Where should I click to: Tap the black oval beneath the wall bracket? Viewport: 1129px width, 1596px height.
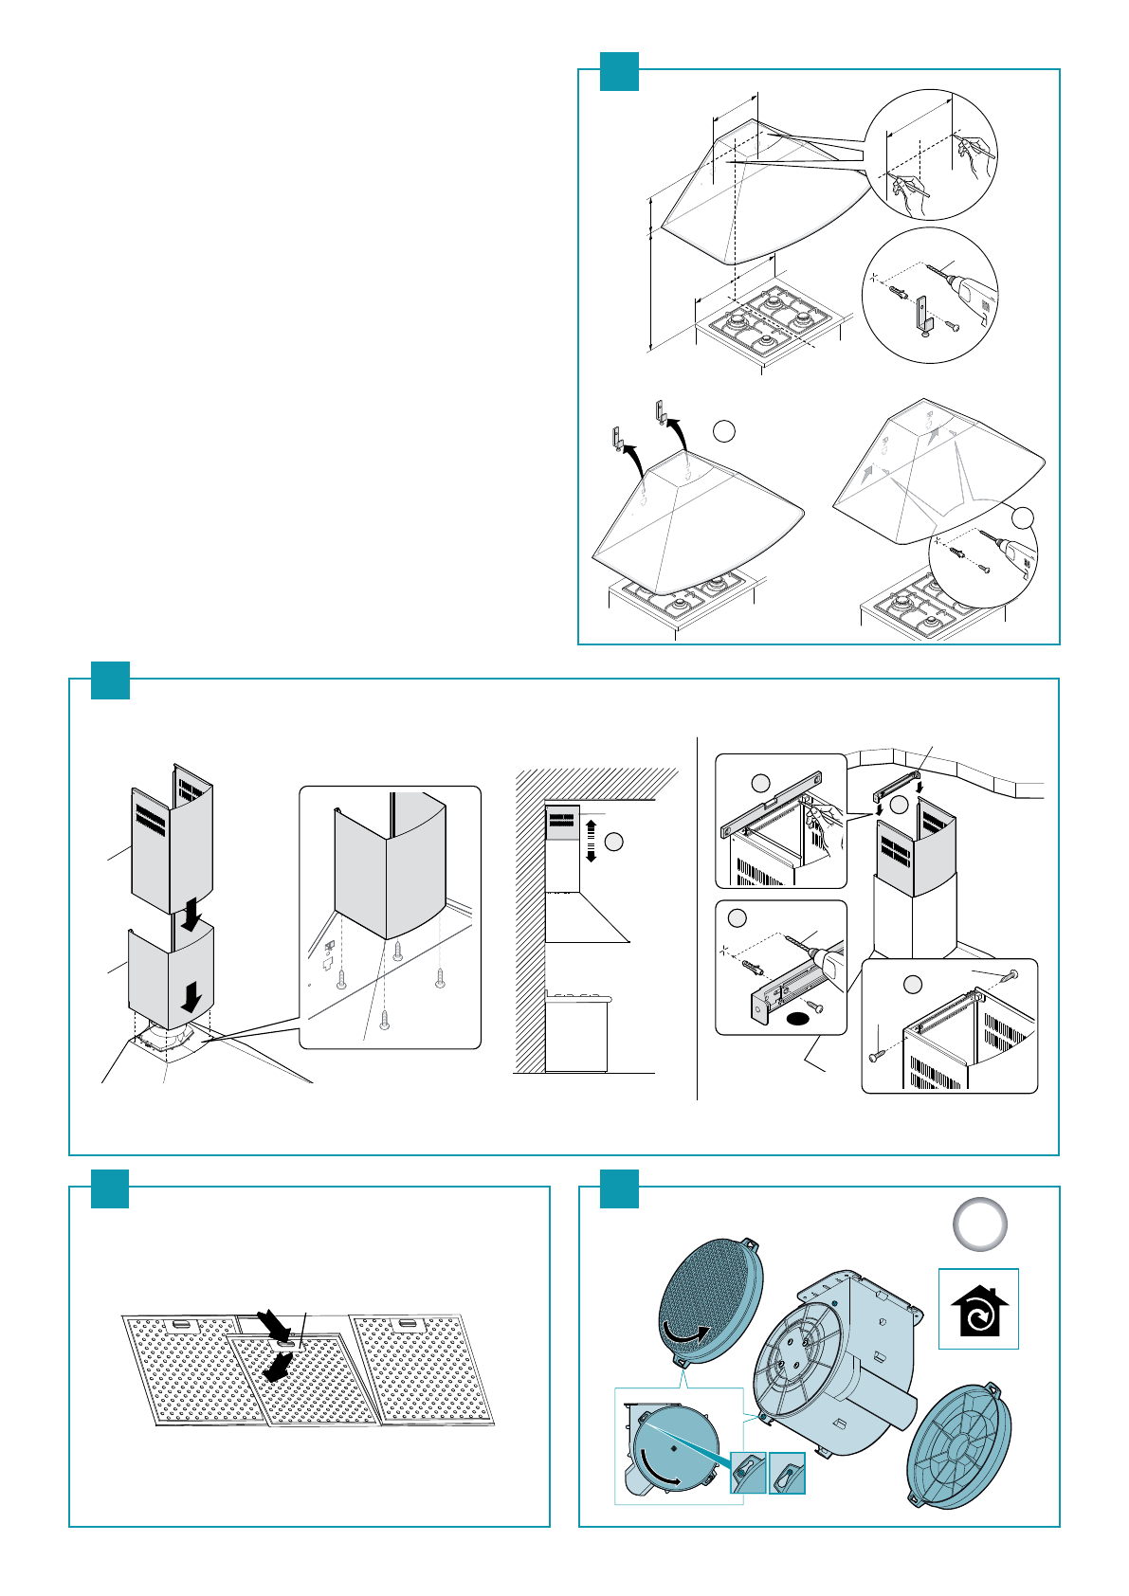pyautogui.click(x=799, y=1019)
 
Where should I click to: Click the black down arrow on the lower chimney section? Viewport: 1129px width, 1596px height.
pyautogui.click(x=192, y=996)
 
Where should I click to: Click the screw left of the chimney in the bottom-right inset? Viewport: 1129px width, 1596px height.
pyautogui.click(x=876, y=1054)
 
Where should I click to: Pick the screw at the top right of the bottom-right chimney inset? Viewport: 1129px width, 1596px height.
pyautogui.click(x=1013, y=974)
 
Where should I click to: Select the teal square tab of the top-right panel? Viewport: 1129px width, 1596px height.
pyautogui.click(x=620, y=71)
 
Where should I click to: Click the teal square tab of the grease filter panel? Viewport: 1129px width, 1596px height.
pyautogui.click(x=110, y=1189)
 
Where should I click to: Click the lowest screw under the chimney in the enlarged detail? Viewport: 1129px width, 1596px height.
pyautogui.click(x=384, y=1020)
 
